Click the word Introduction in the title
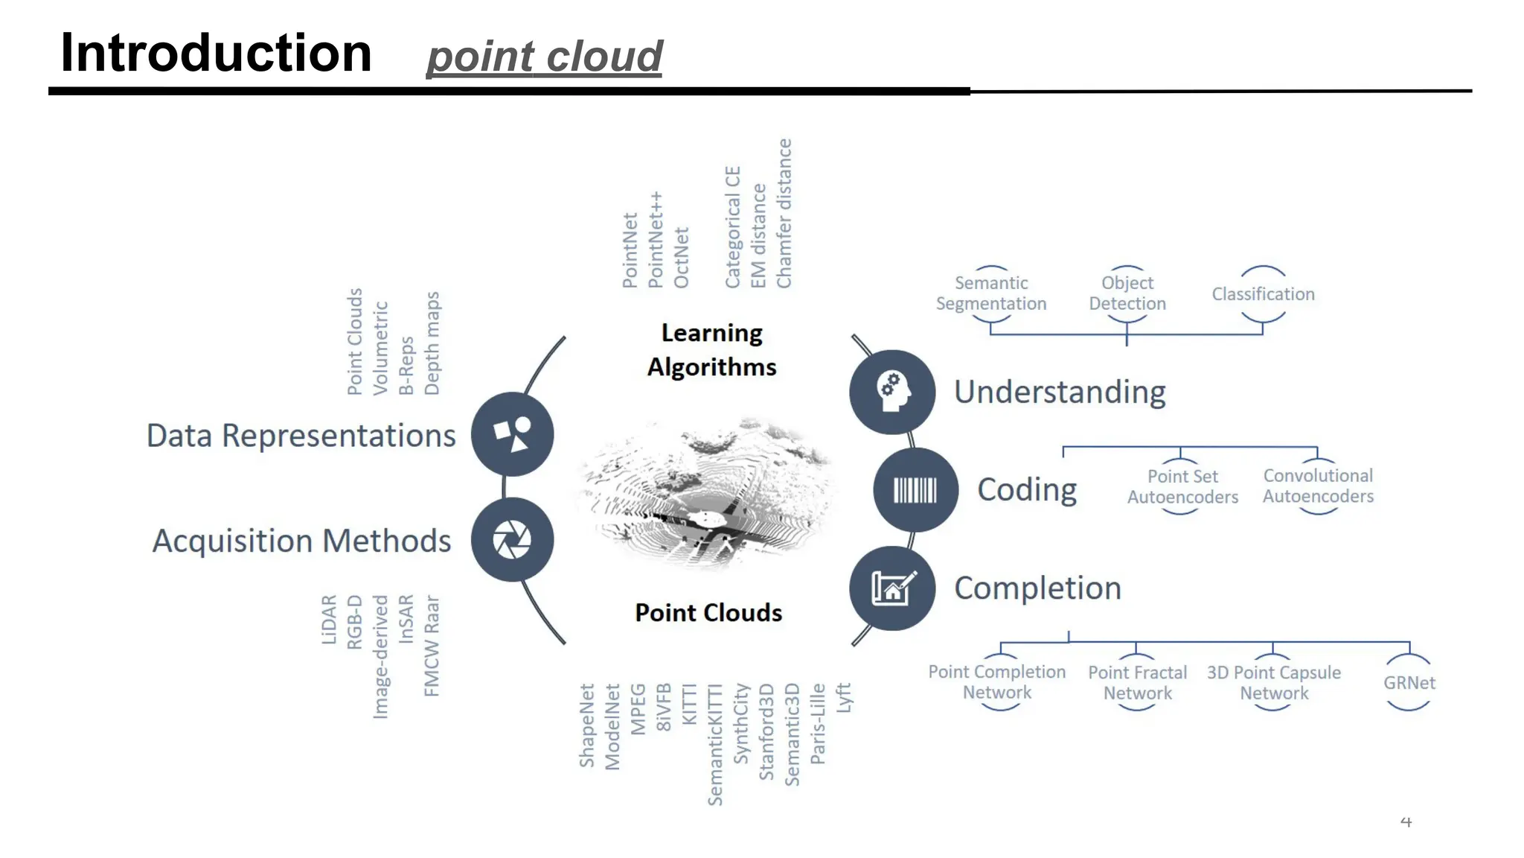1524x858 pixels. (216, 54)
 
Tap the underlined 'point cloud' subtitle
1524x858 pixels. (544, 57)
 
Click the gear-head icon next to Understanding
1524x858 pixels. (892, 392)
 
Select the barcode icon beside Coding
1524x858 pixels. (915, 490)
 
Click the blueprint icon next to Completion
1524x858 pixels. (892, 588)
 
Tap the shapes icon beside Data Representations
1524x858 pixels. (512, 434)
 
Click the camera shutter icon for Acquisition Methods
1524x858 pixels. (512, 540)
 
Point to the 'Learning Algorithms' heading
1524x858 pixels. (711, 350)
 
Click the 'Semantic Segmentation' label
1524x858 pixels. (991, 293)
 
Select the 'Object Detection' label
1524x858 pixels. (1127, 293)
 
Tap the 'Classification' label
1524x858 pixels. (1263, 294)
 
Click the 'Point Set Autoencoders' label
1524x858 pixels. (1182, 486)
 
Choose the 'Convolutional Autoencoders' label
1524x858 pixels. (1318, 486)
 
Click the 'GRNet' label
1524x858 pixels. (1409, 683)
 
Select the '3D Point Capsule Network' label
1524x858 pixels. (1273, 683)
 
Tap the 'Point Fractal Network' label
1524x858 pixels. (1137, 683)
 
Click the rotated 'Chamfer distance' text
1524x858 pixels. (784, 214)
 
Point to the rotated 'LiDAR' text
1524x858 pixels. (329, 620)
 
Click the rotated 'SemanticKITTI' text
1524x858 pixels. (714, 745)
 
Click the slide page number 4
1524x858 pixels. (1406, 822)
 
